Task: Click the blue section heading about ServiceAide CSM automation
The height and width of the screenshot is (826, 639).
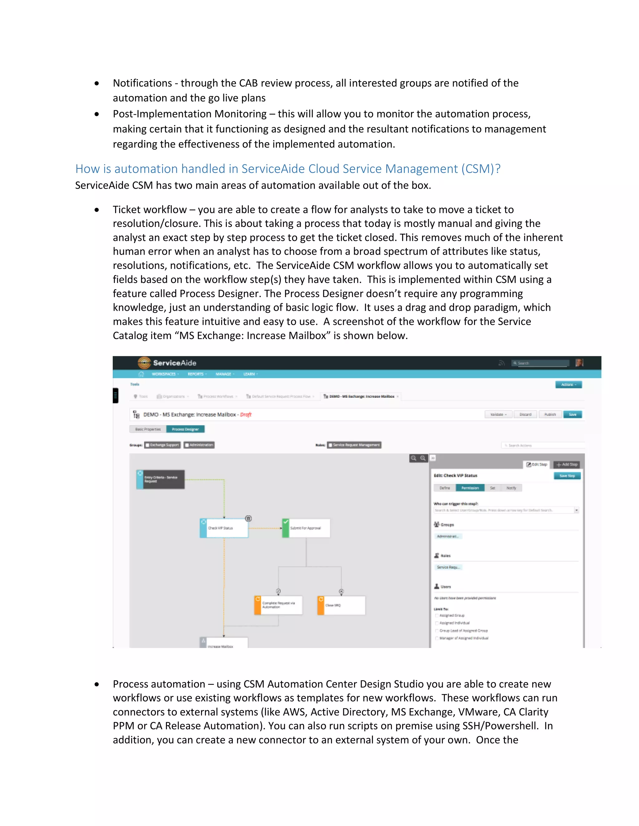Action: tap(288, 169)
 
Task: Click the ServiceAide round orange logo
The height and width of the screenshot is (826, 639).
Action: tap(144, 363)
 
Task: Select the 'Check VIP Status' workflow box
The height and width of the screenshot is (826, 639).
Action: tap(224, 528)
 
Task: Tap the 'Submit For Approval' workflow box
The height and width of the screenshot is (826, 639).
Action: tap(306, 528)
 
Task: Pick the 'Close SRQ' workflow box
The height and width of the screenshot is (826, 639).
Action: tap(341, 605)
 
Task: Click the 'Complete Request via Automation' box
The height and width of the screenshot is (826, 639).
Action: tap(279, 605)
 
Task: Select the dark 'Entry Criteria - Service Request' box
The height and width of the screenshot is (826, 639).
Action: tap(160, 479)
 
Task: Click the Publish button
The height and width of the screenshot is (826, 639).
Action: tap(550, 415)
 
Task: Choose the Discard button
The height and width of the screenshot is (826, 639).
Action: tap(525, 415)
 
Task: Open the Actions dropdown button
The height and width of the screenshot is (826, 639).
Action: tap(568, 385)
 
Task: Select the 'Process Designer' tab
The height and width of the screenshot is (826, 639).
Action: tap(186, 429)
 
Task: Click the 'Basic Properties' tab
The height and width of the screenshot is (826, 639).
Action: tap(148, 429)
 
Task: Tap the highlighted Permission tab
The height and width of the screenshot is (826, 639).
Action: tap(470, 488)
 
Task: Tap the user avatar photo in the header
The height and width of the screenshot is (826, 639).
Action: tap(579, 363)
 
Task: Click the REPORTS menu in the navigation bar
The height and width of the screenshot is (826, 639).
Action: tap(197, 374)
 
